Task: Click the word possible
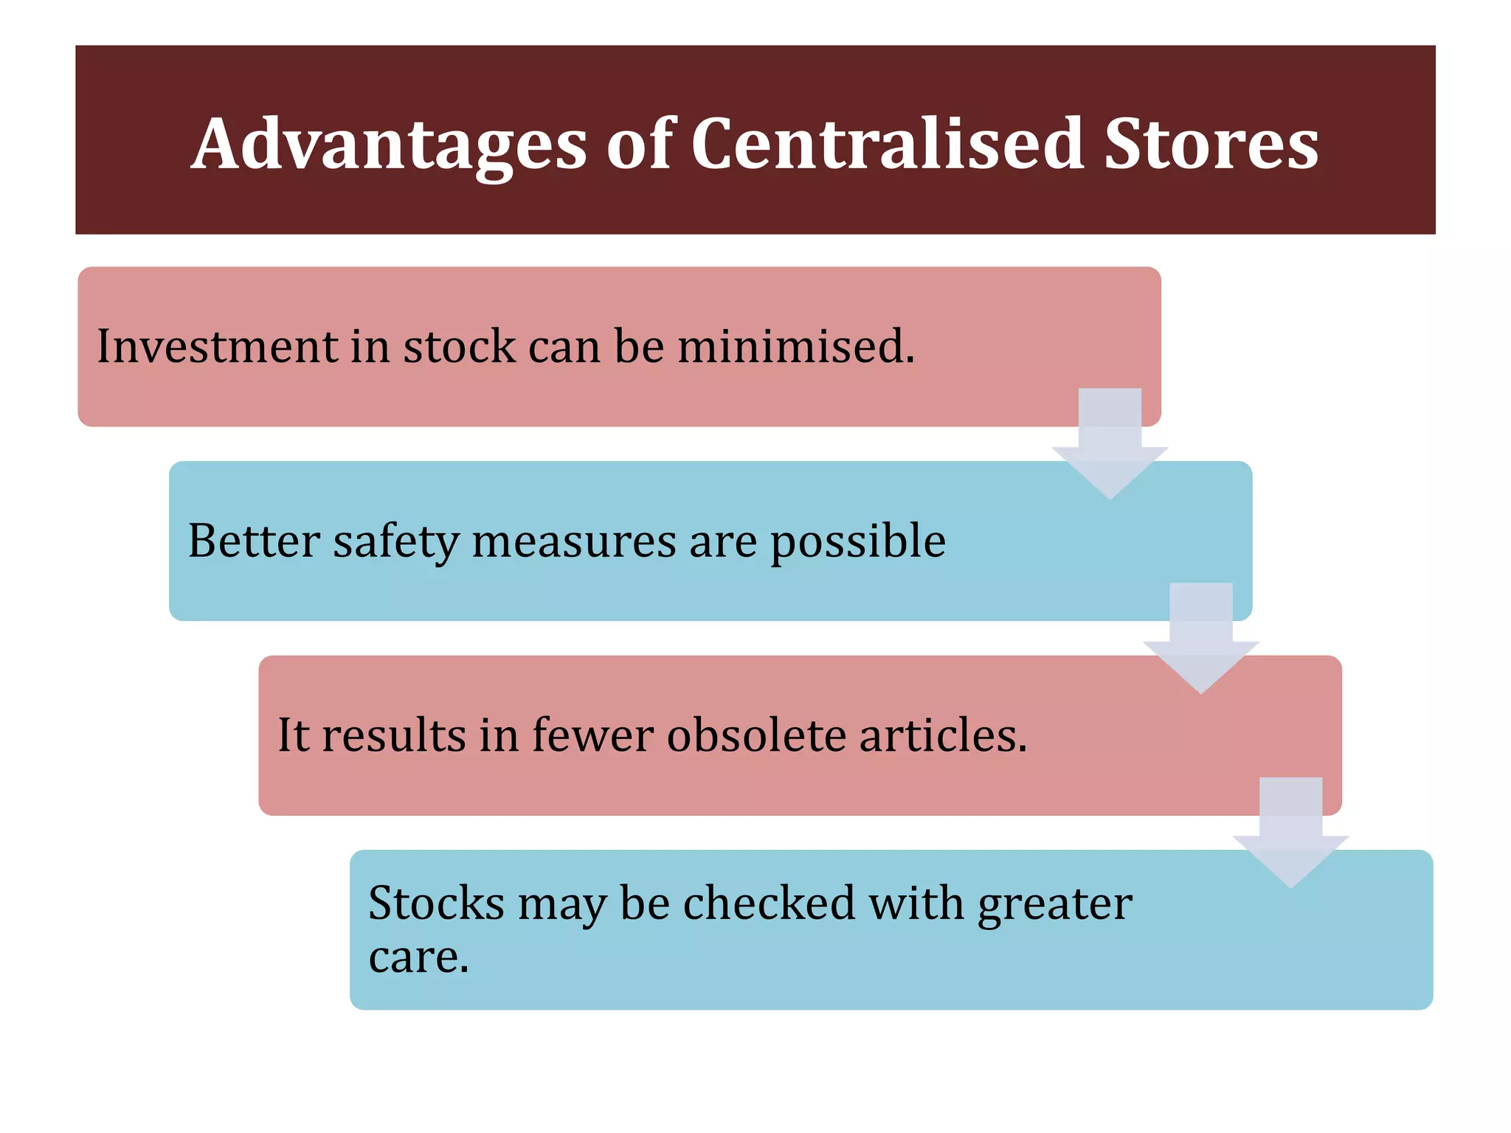tap(857, 542)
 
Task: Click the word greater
tap(1054, 904)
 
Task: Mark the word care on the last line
tap(418, 957)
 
